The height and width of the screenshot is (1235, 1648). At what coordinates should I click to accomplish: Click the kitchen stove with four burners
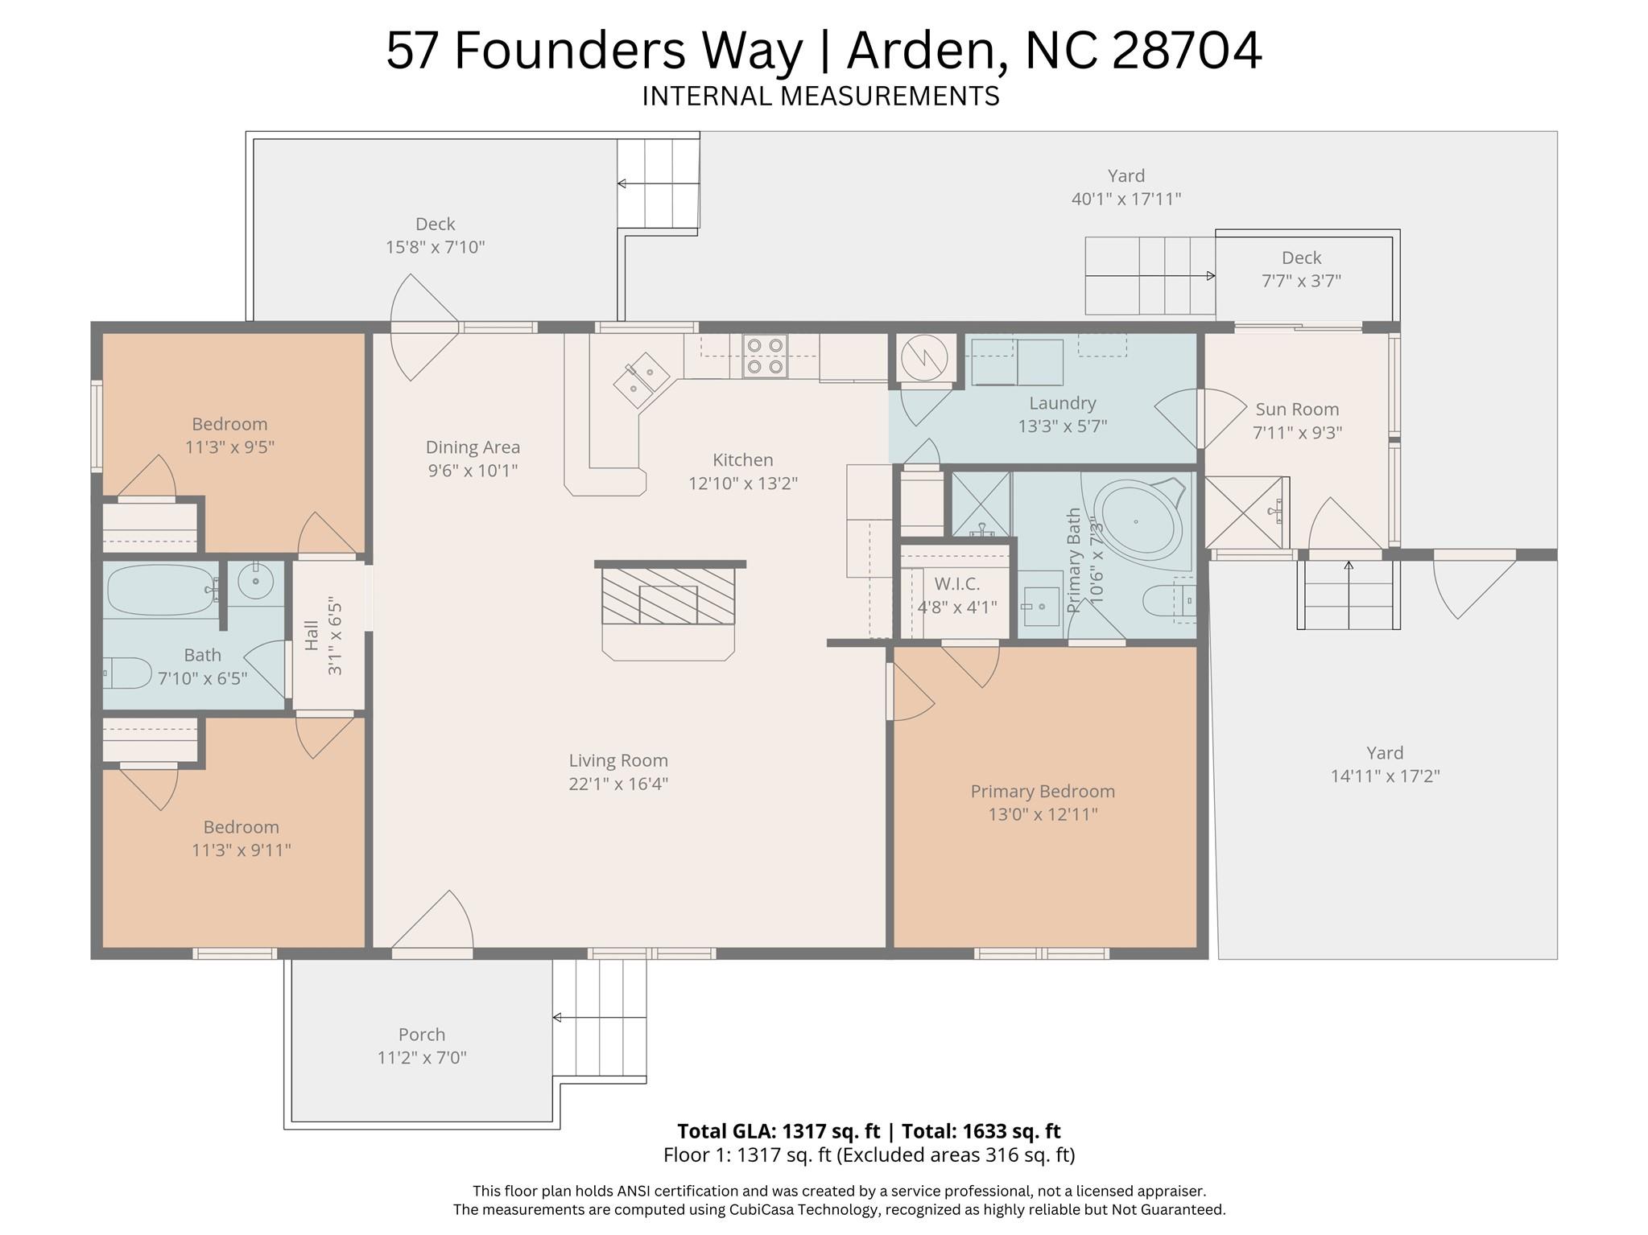point(764,356)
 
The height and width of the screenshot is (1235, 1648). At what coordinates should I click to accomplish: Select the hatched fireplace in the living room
point(668,596)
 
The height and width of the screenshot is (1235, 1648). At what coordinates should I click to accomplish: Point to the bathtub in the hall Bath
point(160,590)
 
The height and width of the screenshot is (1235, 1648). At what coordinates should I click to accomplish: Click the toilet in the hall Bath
point(127,673)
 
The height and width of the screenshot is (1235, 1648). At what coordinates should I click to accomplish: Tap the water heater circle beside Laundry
point(923,358)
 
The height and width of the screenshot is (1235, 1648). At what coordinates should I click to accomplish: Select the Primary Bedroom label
point(1042,791)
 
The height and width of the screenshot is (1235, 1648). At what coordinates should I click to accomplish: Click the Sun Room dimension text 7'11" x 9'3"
point(1296,432)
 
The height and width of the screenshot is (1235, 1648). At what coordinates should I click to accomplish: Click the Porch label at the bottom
point(421,1034)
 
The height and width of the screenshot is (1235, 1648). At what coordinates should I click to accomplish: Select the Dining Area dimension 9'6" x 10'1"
point(472,470)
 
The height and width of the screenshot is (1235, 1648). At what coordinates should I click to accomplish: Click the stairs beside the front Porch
point(600,1018)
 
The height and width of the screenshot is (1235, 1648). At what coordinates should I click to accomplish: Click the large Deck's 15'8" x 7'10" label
point(435,247)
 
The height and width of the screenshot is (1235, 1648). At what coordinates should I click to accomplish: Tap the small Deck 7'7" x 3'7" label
point(1300,280)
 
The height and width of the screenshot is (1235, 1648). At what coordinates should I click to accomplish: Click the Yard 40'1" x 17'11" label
point(1126,198)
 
